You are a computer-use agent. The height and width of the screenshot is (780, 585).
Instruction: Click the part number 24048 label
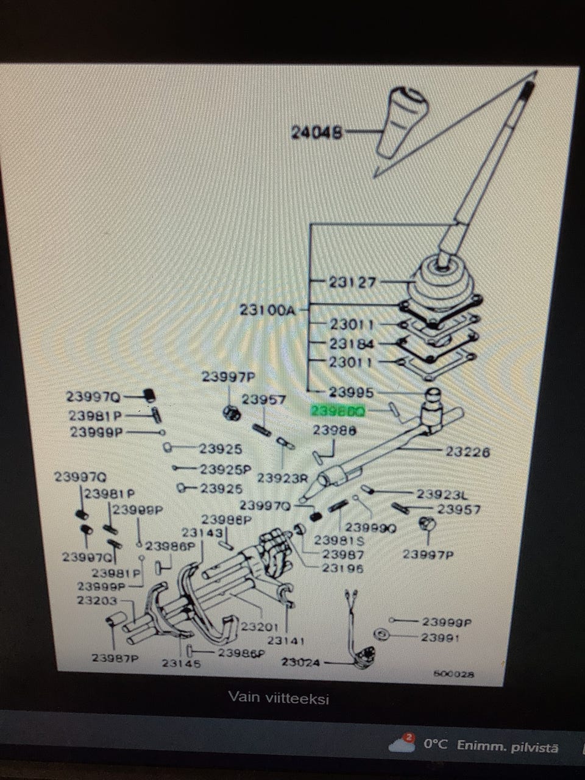[x=316, y=132]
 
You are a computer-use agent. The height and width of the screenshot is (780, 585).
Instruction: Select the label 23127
[x=352, y=282]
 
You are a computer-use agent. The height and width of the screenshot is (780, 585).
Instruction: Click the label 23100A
[x=267, y=310]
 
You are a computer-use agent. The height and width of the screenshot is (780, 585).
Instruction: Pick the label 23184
[x=352, y=344]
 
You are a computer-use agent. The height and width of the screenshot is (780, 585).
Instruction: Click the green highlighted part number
[x=338, y=411]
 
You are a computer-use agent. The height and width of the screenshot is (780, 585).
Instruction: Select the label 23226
[x=467, y=452]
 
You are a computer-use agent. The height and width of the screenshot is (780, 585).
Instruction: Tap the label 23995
[x=351, y=392]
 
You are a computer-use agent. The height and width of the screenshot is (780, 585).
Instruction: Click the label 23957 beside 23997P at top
[x=263, y=400]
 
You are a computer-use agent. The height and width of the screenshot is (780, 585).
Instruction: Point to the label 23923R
[x=283, y=478]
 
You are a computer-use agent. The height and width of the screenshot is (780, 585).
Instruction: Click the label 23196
[x=342, y=568]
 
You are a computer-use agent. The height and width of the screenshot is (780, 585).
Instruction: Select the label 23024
[x=301, y=661]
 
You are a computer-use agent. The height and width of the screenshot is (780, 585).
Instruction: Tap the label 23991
[x=440, y=637]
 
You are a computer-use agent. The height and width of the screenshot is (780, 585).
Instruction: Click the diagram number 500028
[x=453, y=675]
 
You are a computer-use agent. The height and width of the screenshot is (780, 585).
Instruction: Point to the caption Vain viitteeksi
[x=278, y=698]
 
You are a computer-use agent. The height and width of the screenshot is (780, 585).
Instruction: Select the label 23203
[x=97, y=600]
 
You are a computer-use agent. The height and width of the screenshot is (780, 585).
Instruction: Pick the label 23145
[x=181, y=662]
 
